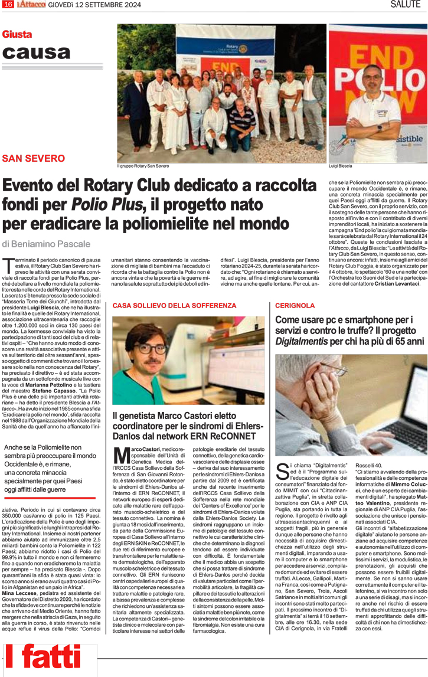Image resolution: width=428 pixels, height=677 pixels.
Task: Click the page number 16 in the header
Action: (8, 5)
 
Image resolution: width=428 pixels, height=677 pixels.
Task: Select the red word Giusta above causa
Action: (17, 35)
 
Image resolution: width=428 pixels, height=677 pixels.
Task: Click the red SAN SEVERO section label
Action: (34, 158)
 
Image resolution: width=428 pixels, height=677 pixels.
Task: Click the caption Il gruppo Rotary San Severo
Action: (143, 166)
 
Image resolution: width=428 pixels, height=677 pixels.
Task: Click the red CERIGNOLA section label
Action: (295, 306)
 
